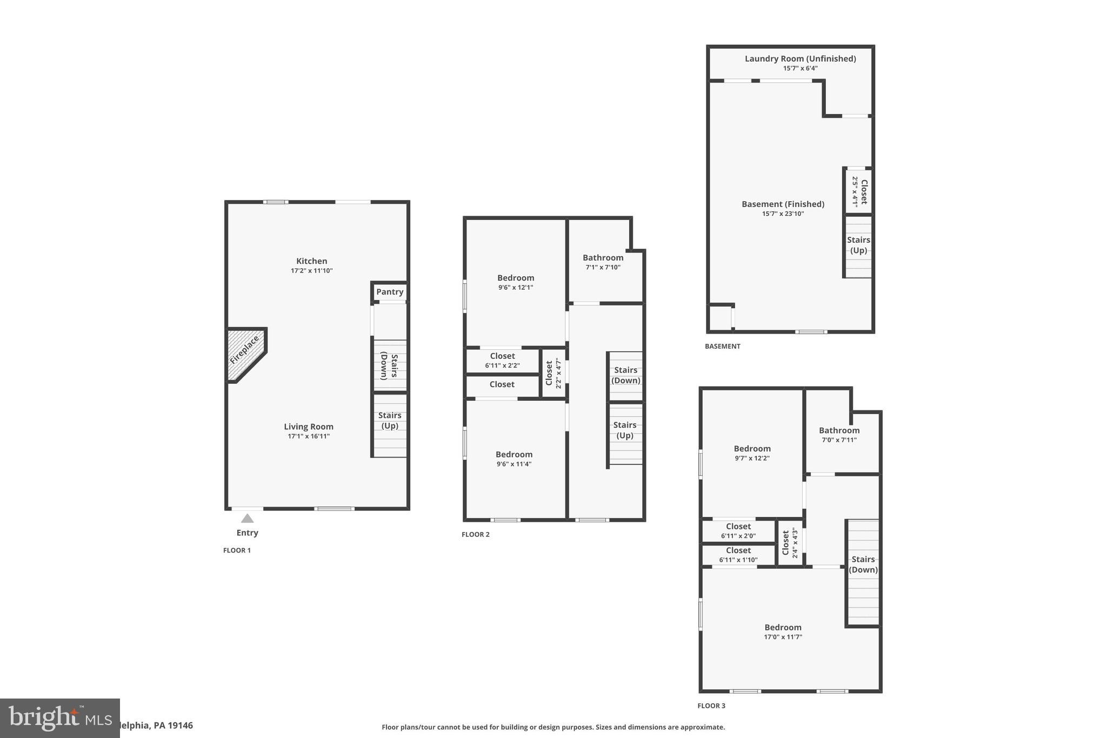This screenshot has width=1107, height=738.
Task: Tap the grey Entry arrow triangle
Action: (247, 518)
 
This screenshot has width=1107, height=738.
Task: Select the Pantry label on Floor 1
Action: (390, 292)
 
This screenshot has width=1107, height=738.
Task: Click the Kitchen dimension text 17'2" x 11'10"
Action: (311, 271)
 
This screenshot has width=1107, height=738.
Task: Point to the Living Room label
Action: (309, 427)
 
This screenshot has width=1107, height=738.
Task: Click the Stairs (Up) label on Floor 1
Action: (390, 421)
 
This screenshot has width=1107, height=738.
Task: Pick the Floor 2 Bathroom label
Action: (603, 258)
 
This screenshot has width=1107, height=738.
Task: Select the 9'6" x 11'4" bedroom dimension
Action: (514, 464)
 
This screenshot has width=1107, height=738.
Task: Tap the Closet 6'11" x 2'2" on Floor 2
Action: (502, 361)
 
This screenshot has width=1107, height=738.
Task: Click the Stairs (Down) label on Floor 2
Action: (625, 375)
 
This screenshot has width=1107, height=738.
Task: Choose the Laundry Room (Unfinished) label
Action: (800, 58)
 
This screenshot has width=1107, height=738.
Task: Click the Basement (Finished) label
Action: (783, 204)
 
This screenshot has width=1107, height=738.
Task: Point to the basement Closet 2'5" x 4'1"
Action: (859, 191)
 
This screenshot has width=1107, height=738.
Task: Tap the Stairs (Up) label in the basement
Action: (858, 245)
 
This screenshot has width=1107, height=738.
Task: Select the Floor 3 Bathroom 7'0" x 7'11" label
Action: (839, 435)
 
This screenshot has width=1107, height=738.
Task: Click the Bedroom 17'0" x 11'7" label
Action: (783, 631)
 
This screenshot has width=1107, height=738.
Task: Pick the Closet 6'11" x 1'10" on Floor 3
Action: (738, 555)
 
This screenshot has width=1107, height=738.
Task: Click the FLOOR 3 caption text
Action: (711, 706)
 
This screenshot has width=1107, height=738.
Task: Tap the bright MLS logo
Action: (59, 718)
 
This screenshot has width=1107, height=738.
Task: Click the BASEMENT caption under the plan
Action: (722, 346)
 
